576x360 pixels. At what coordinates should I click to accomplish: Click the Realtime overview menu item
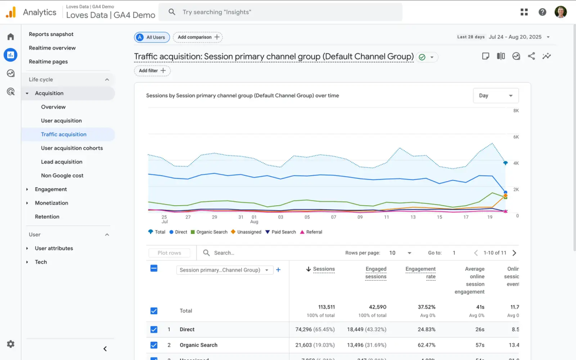pyautogui.click(x=52, y=48)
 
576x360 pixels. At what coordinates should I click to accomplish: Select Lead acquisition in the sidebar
pyautogui.click(x=62, y=161)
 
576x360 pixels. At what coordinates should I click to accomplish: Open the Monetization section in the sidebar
pyautogui.click(x=51, y=203)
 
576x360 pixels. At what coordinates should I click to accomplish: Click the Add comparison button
pyautogui.click(x=199, y=37)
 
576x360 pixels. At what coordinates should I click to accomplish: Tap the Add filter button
pyautogui.click(x=152, y=70)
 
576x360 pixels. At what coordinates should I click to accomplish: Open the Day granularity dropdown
pyautogui.click(x=496, y=96)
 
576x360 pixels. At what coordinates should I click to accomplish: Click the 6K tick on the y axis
pyautogui.click(x=515, y=137)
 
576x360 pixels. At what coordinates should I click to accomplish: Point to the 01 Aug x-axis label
pyautogui.click(x=254, y=219)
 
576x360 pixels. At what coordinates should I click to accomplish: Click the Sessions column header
pyautogui.click(x=323, y=269)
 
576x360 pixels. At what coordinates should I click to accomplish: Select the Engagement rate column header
pyautogui.click(x=420, y=273)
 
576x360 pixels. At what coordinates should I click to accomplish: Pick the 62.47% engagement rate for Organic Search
pyautogui.click(x=426, y=345)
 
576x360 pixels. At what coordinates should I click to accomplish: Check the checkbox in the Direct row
pyautogui.click(x=154, y=330)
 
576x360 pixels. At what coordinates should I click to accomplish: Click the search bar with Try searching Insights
pyautogui.click(x=280, y=12)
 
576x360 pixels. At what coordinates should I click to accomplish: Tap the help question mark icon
pyautogui.click(x=542, y=12)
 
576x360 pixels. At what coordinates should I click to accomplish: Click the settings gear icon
pyautogui.click(x=10, y=344)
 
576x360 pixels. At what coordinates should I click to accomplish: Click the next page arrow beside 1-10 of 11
pyautogui.click(x=514, y=253)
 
